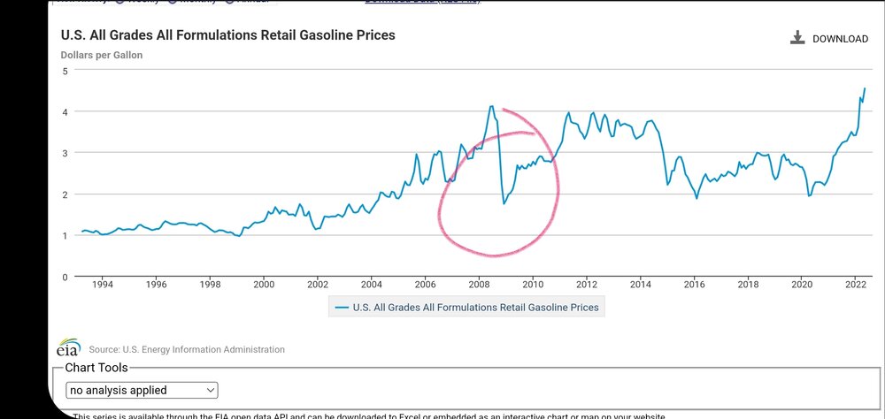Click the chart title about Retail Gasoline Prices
(227, 35)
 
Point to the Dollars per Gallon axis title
(102, 55)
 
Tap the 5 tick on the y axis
(64, 71)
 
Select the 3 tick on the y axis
(64, 153)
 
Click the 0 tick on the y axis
(64, 277)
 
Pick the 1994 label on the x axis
(102, 285)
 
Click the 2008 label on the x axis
(479, 285)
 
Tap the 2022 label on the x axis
(856, 285)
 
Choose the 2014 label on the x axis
(641, 285)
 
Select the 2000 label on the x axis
(264, 285)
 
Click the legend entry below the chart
(466, 308)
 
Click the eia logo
(68, 348)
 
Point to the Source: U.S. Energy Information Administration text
(187, 350)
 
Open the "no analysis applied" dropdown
(142, 390)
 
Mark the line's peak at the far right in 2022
(865, 88)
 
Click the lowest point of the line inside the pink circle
(504, 204)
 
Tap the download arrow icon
(796, 38)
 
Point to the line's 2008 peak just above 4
(491, 106)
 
